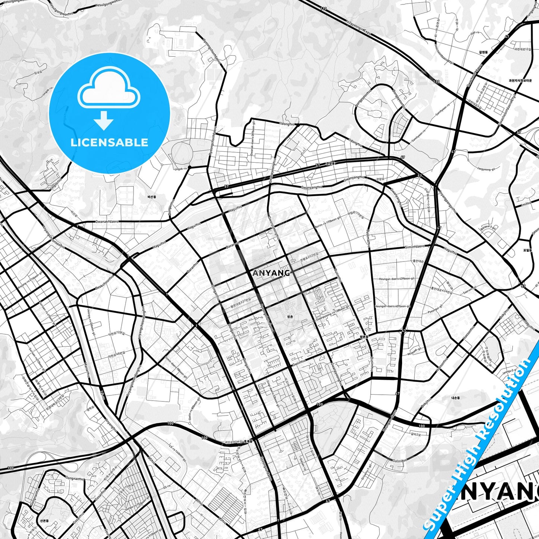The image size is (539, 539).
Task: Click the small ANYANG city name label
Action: pyautogui.click(x=271, y=273)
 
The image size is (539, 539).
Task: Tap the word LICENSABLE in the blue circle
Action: pyautogui.click(x=109, y=142)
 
